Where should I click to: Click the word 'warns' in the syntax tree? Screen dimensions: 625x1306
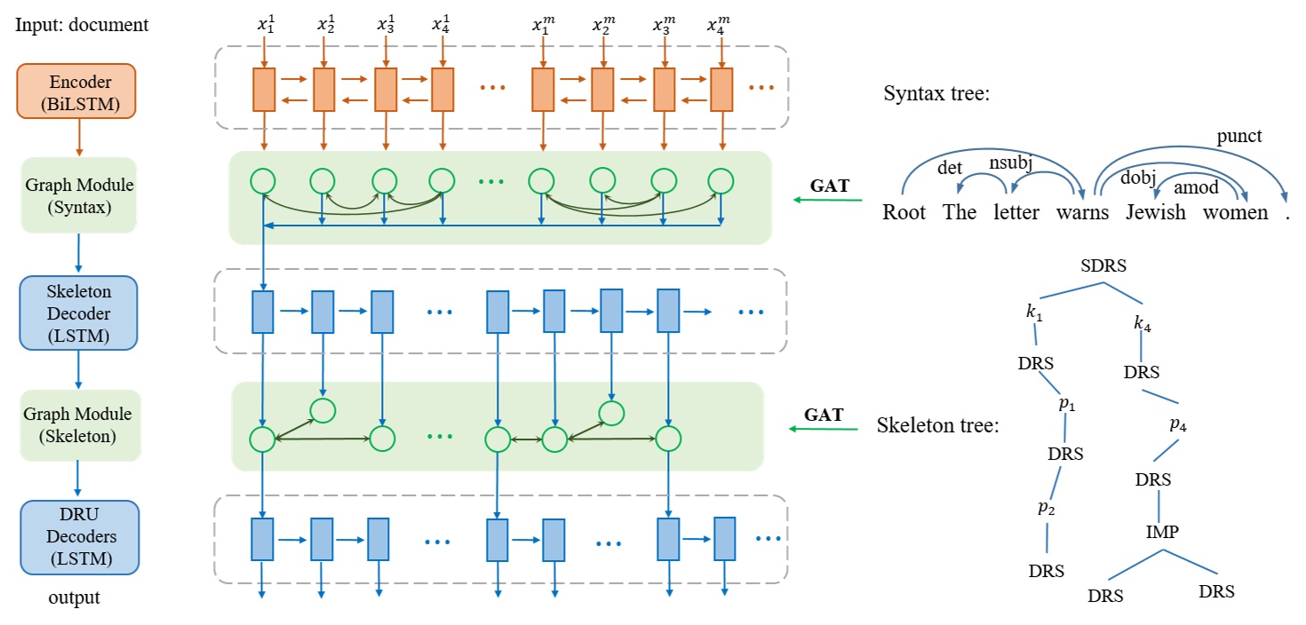pos(1082,213)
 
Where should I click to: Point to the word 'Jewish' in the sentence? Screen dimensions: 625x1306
pos(1156,213)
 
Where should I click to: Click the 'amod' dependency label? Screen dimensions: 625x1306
pos(1196,187)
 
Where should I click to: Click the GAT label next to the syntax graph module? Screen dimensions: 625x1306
pos(830,186)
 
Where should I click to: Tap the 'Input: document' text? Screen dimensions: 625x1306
pos(82,25)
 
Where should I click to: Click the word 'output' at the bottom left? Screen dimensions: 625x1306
pos(75,597)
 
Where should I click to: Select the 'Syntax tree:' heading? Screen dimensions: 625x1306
pos(936,94)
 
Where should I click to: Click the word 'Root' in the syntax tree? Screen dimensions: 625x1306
pos(904,213)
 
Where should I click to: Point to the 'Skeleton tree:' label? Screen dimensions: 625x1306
pos(937,425)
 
